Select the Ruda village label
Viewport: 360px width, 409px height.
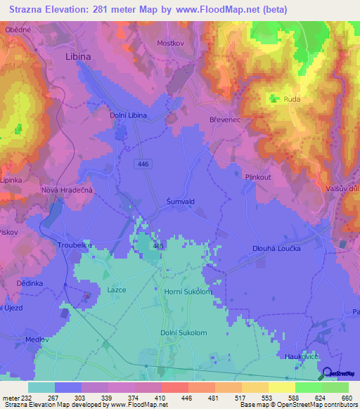coord(292,100)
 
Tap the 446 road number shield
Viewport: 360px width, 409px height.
coord(143,162)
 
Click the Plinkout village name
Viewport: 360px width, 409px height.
coord(258,177)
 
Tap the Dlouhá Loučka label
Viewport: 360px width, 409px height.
coord(276,248)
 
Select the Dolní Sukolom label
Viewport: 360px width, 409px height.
coord(184,333)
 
